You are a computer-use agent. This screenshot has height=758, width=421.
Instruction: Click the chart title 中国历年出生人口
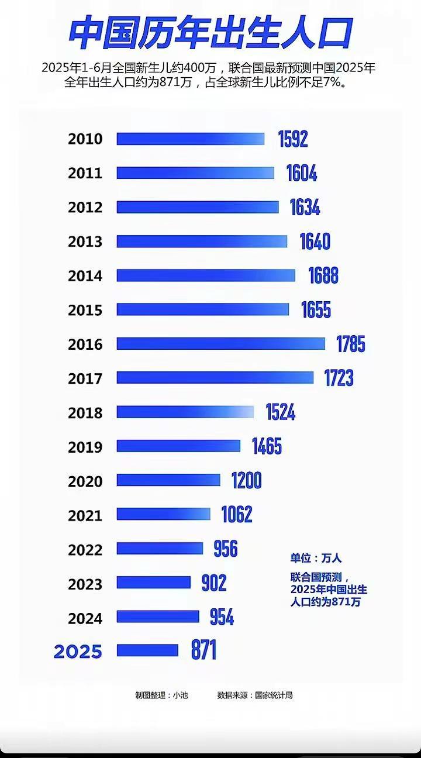(210, 33)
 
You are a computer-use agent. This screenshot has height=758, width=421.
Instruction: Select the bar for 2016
(220, 344)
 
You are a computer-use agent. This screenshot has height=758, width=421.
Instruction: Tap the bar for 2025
(147, 650)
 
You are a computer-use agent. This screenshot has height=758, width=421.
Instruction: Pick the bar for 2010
(190, 139)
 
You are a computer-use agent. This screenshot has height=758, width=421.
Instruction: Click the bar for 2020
(168, 480)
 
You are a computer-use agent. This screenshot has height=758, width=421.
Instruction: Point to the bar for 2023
(153, 583)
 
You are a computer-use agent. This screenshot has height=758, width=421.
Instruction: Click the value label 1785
(350, 344)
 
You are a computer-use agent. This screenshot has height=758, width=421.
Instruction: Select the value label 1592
(292, 139)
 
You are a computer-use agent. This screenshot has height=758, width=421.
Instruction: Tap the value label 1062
(236, 515)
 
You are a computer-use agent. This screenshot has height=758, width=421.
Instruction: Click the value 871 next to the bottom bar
(203, 650)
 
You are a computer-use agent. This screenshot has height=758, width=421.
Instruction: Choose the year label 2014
(85, 276)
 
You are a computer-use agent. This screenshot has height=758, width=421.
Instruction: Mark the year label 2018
(85, 413)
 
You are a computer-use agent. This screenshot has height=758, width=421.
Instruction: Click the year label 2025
(78, 652)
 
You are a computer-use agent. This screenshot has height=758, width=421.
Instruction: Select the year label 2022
(85, 550)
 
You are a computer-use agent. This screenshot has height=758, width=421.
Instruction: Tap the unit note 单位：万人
(316, 558)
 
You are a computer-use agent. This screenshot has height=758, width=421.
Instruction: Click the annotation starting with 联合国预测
(329, 589)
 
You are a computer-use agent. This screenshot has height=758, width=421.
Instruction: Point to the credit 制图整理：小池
(161, 695)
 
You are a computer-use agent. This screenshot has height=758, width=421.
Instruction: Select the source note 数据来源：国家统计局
(254, 695)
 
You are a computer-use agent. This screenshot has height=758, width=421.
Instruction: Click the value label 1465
(267, 447)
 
